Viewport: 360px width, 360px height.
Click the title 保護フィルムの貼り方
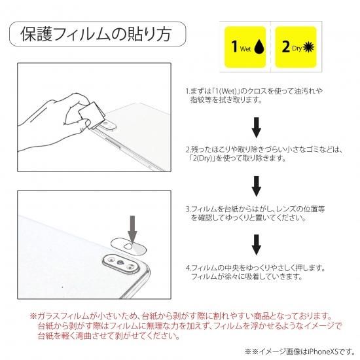(96, 34)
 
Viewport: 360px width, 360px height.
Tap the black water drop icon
(259, 47)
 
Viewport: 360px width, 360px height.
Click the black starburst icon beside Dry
(308, 48)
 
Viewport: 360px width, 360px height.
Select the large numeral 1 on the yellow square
(234, 46)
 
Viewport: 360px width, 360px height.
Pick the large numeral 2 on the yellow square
(286, 46)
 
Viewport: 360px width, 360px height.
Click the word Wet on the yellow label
(245, 48)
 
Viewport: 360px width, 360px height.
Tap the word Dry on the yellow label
(297, 48)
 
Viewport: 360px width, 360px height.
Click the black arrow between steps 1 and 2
(257, 127)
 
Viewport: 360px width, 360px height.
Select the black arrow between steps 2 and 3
(257, 186)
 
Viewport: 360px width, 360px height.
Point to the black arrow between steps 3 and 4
(257, 245)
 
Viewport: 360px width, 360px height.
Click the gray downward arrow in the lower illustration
(132, 229)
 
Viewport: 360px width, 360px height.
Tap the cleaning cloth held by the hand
(92, 115)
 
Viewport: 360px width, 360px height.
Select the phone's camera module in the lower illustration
(121, 264)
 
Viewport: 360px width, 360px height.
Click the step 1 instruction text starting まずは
(254, 96)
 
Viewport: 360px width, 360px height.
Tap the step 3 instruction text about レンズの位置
(255, 213)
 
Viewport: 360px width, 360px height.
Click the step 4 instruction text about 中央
(255, 272)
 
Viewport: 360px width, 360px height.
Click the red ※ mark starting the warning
(33, 316)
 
